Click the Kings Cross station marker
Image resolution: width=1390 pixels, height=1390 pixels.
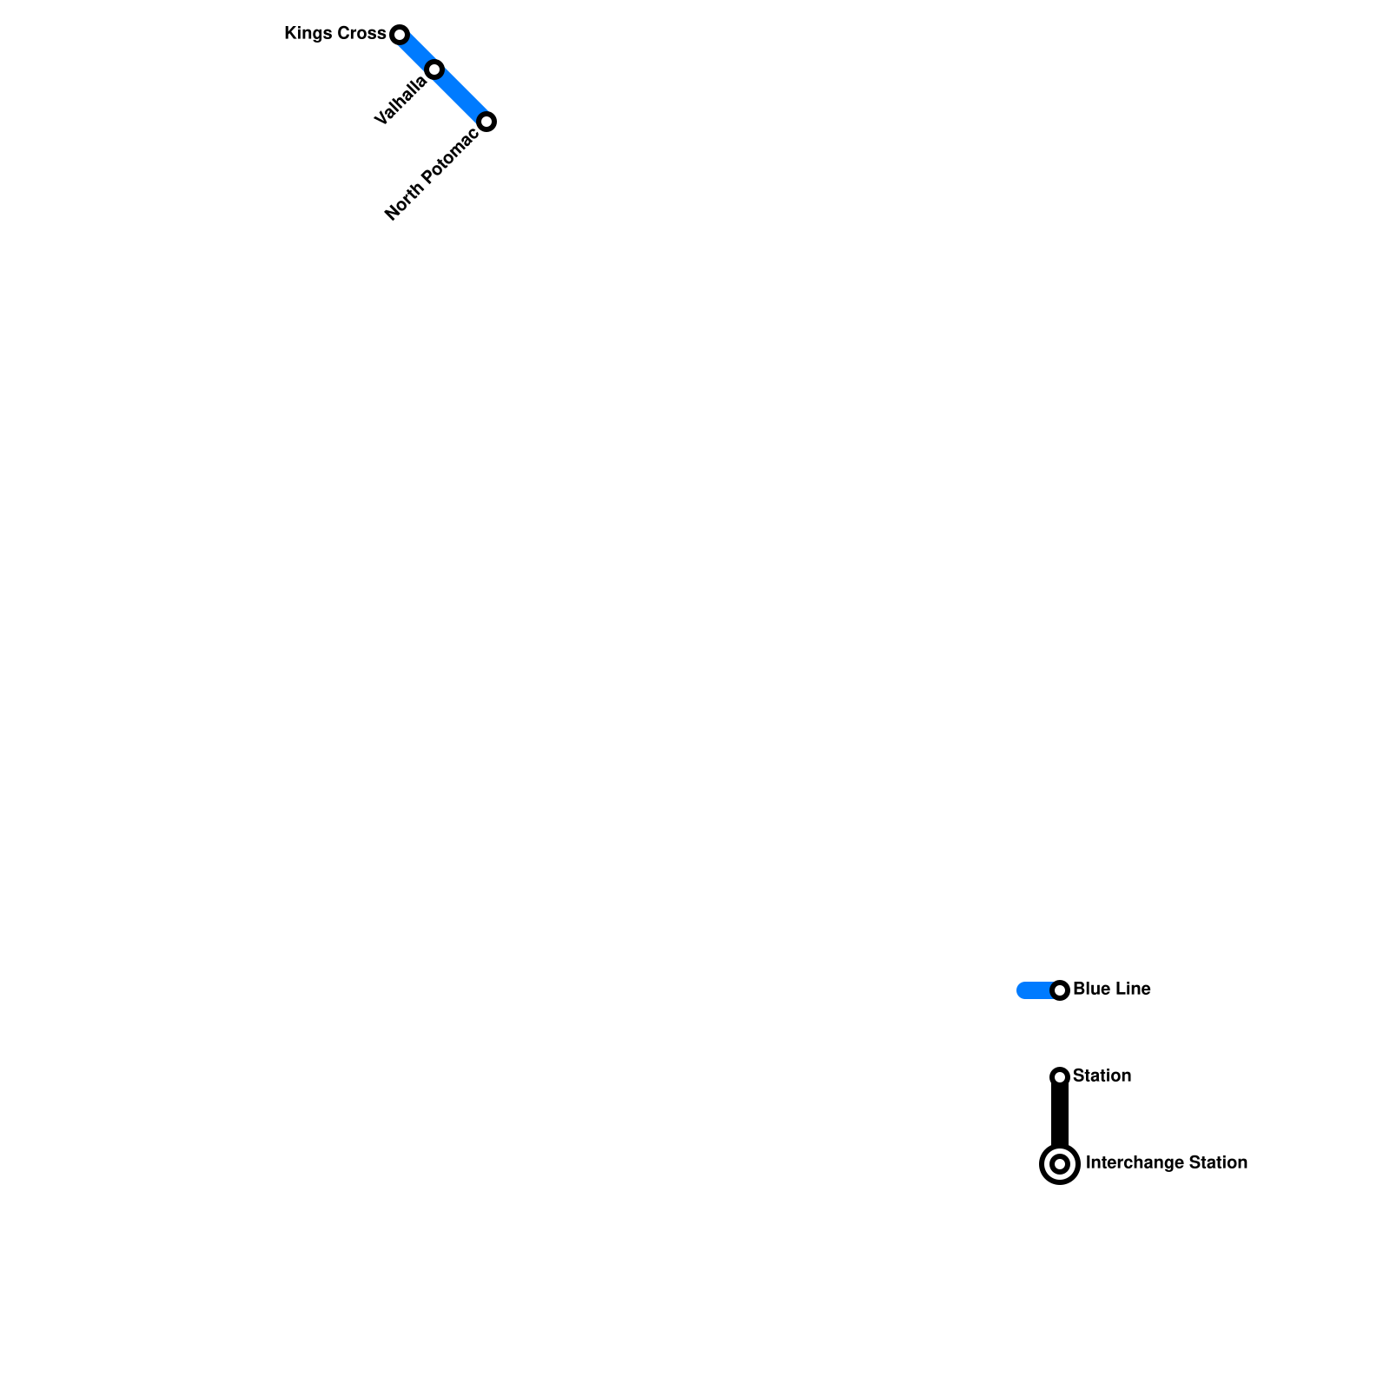coord(400,35)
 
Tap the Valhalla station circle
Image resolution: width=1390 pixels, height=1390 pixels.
coord(434,69)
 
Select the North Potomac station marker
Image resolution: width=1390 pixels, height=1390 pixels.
coord(487,122)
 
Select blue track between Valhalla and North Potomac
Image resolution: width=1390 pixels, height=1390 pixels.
coord(461,96)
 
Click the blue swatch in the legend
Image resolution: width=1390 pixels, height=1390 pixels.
coord(1034,990)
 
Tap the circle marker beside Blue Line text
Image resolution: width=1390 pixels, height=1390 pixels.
coord(1060,990)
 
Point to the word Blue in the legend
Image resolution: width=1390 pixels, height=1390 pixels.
coord(1089,990)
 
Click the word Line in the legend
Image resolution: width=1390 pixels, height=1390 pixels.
coord(1132,990)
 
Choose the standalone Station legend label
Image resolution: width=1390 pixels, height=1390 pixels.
coord(1102,1076)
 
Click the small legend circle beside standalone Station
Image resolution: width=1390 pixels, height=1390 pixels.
coord(1060,1077)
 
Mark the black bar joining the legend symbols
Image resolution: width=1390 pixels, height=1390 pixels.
coord(1060,1116)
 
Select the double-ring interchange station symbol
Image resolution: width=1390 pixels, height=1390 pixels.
coord(1060,1164)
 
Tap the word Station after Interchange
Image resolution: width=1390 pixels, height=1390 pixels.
coord(1218,1163)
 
